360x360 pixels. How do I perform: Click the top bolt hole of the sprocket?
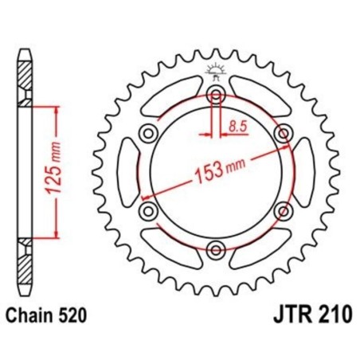[x=215, y=95]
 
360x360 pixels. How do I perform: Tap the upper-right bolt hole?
[x=281, y=133]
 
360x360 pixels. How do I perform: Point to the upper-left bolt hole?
[x=148, y=133]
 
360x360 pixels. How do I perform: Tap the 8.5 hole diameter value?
[x=237, y=124]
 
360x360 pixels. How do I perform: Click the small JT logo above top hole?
[x=215, y=70]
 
